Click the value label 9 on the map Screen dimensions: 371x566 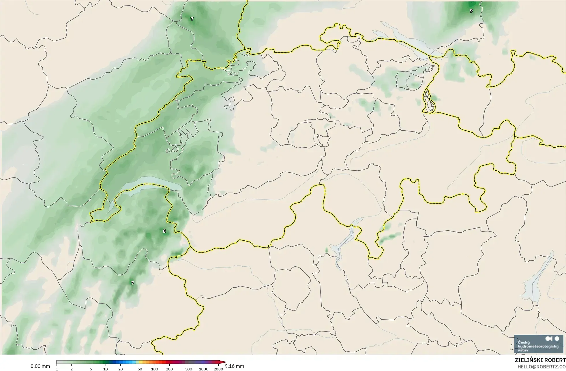click(x=471, y=11)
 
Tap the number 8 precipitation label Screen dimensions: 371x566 click(x=164, y=231)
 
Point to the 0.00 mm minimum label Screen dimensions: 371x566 click(x=40, y=366)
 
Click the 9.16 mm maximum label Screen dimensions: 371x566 click(x=234, y=366)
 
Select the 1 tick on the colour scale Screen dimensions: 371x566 click(x=57, y=369)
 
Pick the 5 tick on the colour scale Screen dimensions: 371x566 click(x=91, y=369)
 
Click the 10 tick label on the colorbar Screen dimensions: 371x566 click(x=106, y=369)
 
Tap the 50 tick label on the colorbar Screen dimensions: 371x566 click(x=140, y=369)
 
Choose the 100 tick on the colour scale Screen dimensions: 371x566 click(x=155, y=369)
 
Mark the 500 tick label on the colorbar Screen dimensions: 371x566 click(x=189, y=369)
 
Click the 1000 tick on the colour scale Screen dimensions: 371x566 click(x=204, y=369)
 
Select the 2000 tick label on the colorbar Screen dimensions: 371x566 click(x=218, y=369)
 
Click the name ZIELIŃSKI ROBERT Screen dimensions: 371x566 click(x=540, y=360)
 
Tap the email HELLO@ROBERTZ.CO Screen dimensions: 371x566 click(x=541, y=367)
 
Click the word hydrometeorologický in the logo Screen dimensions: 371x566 click(x=538, y=346)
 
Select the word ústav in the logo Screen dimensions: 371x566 click(x=523, y=350)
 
